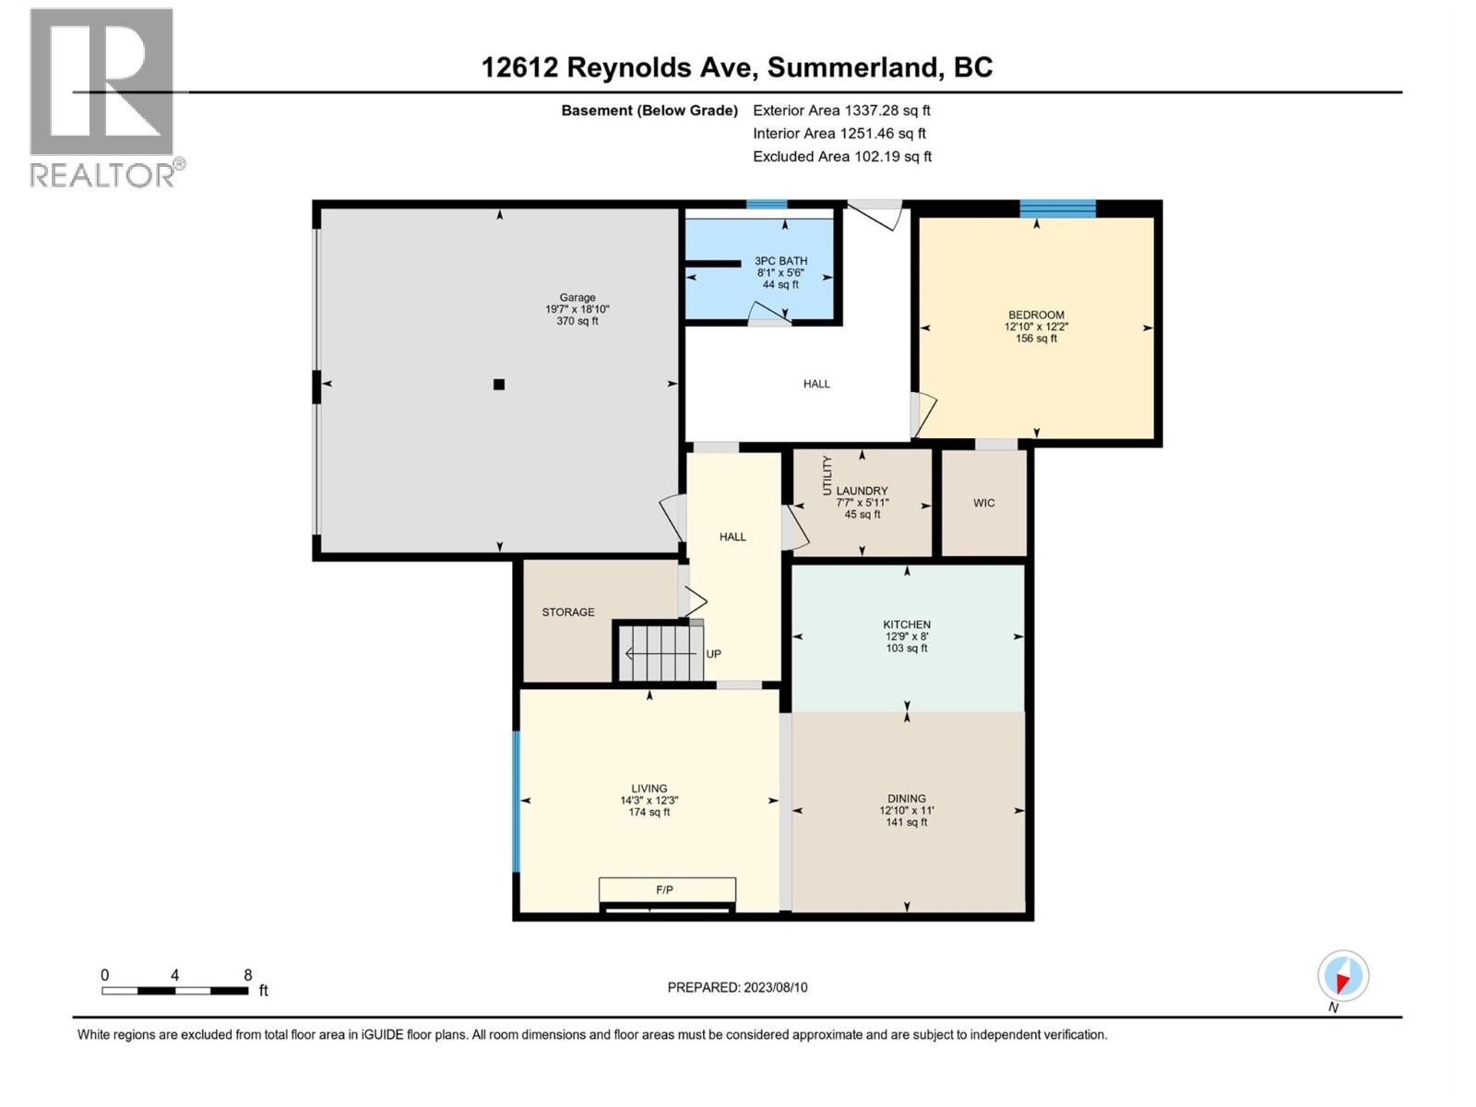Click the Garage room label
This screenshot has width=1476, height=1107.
coord(577,298)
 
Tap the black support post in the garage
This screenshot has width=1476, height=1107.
coord(499,385)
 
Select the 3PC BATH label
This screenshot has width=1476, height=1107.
coord(780,261)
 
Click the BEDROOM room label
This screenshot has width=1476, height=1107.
coord(1036,315)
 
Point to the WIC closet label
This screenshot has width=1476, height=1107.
coord(983,503)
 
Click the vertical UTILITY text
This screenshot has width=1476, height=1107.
coord(827,475)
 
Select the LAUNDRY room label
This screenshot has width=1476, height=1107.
coord(862,491)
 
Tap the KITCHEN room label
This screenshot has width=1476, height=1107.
coord(907,625)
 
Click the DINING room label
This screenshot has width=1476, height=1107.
coord(907,799)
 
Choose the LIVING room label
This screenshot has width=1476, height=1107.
coord(649,789)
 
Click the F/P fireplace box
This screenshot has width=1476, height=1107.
coord(666,890)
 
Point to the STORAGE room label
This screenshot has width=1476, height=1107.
coord(568,612)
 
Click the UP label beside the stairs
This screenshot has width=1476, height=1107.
coord(713,654)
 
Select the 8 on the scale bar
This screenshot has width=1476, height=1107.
coord(247,975)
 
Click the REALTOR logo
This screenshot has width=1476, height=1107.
coord(103,97)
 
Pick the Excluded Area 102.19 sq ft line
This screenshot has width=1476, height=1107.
coord(841,157)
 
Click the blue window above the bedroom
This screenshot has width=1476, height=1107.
coord(1057,208)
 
